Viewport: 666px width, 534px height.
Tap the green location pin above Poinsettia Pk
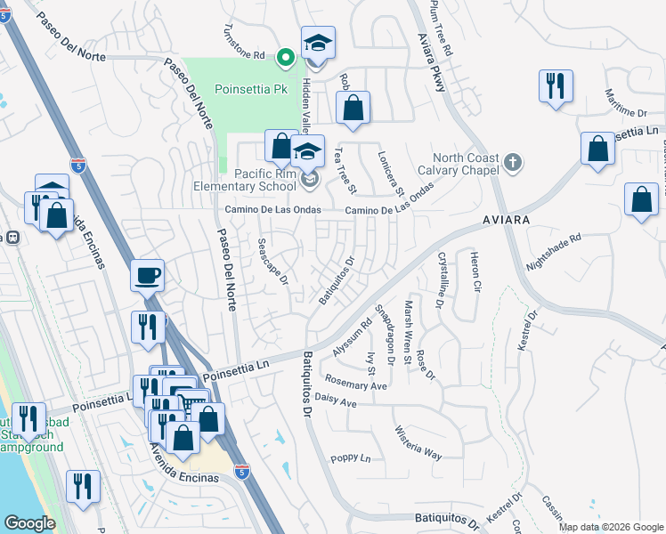click(x=286, y=59)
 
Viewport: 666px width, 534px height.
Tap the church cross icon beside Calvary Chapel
click(x=511, y=163)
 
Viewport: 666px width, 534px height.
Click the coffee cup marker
click(x=147, y=275)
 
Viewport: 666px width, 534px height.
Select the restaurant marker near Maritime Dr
click(x=556, y=86)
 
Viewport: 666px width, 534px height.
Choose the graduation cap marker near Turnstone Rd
click(x=318, y=43)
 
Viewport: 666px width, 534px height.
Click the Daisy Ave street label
click(x=336, y=402)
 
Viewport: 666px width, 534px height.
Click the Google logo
click(x=29, y=522)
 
